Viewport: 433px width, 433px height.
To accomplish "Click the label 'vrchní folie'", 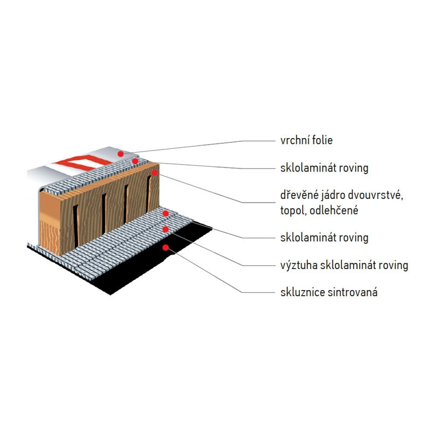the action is coord(306,140).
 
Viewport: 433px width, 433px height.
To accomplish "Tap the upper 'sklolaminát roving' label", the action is coord(324,168).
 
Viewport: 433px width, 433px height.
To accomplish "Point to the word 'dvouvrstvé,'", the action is coord(375,195).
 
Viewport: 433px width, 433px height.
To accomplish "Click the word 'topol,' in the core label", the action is coord(293,211).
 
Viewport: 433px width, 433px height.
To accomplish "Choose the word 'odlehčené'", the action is coord(334,211).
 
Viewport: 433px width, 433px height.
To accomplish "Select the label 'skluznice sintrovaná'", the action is coord(329,292).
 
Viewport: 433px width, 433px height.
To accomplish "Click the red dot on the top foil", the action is coord(120,154).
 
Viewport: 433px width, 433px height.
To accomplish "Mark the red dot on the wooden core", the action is coord(155,173).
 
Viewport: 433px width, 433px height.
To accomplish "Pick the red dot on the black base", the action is coord(166,247).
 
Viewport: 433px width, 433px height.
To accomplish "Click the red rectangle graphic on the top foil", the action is coord(82,163).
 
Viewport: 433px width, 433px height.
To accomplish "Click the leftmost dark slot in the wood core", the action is coord(75,226).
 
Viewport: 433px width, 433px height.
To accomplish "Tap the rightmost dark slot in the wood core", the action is coord(148,194).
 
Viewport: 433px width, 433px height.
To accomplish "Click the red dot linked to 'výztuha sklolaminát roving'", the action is coord(166,229).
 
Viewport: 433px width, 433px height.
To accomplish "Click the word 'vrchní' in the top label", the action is coord(294,140).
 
